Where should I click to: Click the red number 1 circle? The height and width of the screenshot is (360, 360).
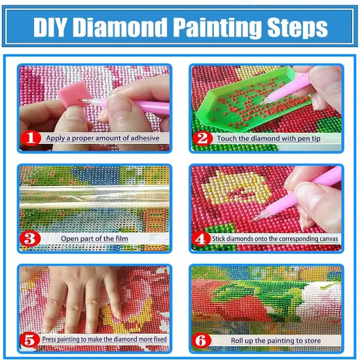point(29,139)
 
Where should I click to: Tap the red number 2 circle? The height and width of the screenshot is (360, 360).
point(202,139)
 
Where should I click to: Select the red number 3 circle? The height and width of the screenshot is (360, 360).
point(29,239)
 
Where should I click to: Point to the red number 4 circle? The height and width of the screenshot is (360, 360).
point(202,239)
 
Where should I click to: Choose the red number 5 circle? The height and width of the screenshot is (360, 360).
point(29,340)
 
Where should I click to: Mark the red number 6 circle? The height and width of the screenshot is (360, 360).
point(202,340)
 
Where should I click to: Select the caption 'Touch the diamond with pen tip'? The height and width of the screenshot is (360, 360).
point(269,139)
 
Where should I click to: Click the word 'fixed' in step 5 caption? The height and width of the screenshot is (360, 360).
point(159,340)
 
